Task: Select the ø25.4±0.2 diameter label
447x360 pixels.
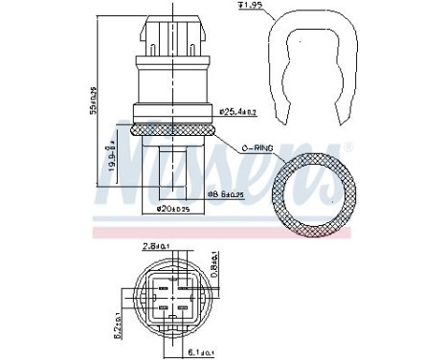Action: click(238, 112)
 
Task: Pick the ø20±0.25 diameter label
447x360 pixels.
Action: click(169, 209)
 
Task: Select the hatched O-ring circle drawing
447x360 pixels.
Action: click(311, 188)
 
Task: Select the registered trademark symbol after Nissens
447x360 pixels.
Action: click(346, 146)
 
